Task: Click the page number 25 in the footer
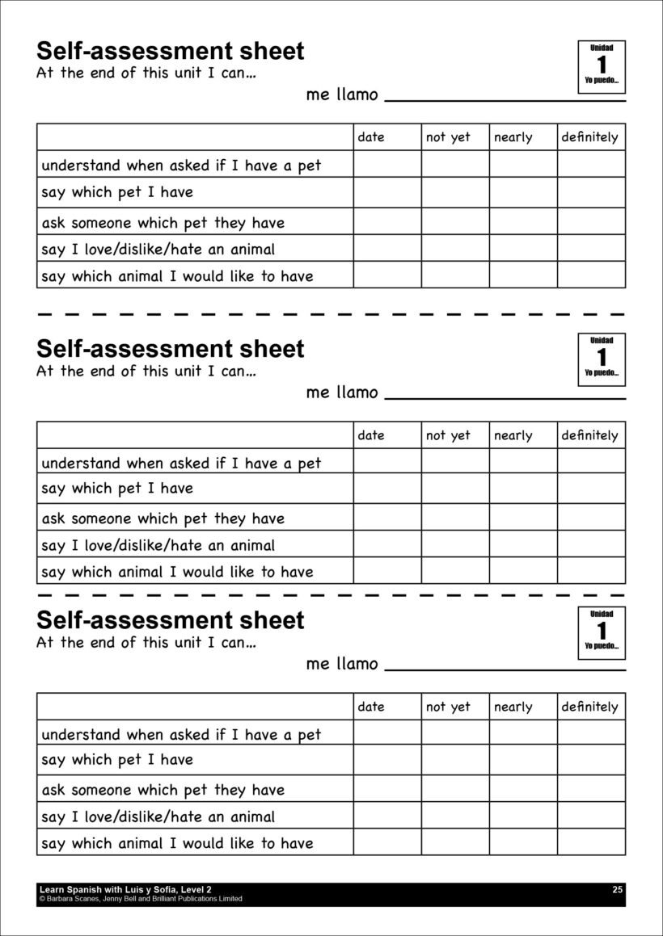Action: [x=618, y=889]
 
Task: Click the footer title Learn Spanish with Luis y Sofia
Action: [x=125, y=889]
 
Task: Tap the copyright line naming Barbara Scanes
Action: [x=140, y=898]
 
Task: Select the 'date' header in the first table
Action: [x=371, y=137]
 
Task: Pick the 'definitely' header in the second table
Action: [x=589, y=435]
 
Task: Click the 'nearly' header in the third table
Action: [x=513, y=707]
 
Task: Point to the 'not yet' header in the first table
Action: [x=448, y=137]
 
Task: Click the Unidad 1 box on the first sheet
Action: [x=602, y=66]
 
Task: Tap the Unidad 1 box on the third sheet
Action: [x=602, y=632]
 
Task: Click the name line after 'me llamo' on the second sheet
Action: [x=505, y=398]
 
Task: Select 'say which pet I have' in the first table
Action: [x=117, y=192]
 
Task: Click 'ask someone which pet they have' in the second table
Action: [x=163, y=518]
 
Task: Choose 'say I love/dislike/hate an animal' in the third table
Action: [x=158, y=816]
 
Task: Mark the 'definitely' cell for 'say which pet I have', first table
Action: [x=591, y=192]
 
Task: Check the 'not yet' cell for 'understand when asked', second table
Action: [x=454, y=461]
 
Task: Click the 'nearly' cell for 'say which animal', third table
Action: [x=522, y=842]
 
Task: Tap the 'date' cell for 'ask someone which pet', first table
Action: [x=386, y=221]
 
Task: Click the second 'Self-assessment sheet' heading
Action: [x=171, y=349]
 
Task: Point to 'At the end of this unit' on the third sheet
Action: [x=146, y=644]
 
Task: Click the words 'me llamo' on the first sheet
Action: [x=342, y=94]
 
